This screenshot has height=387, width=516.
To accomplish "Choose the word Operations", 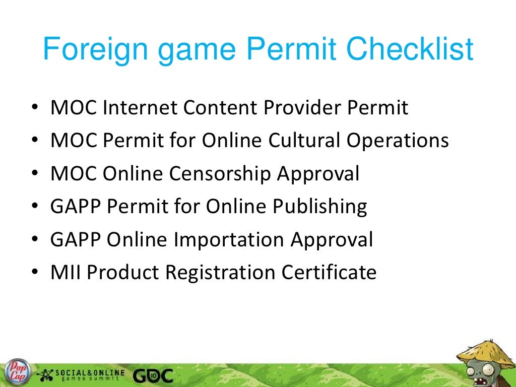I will (x=397, y=141).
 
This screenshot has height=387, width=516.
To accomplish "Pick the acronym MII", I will (x=67, y=272).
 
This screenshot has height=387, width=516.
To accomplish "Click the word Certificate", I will (x=329, y=272).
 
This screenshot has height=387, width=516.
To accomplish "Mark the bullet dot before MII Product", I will (x=34, y=273).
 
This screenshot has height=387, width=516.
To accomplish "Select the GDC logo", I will (x=153, y=375).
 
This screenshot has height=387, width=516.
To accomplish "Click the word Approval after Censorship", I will (x=318, y=174).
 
